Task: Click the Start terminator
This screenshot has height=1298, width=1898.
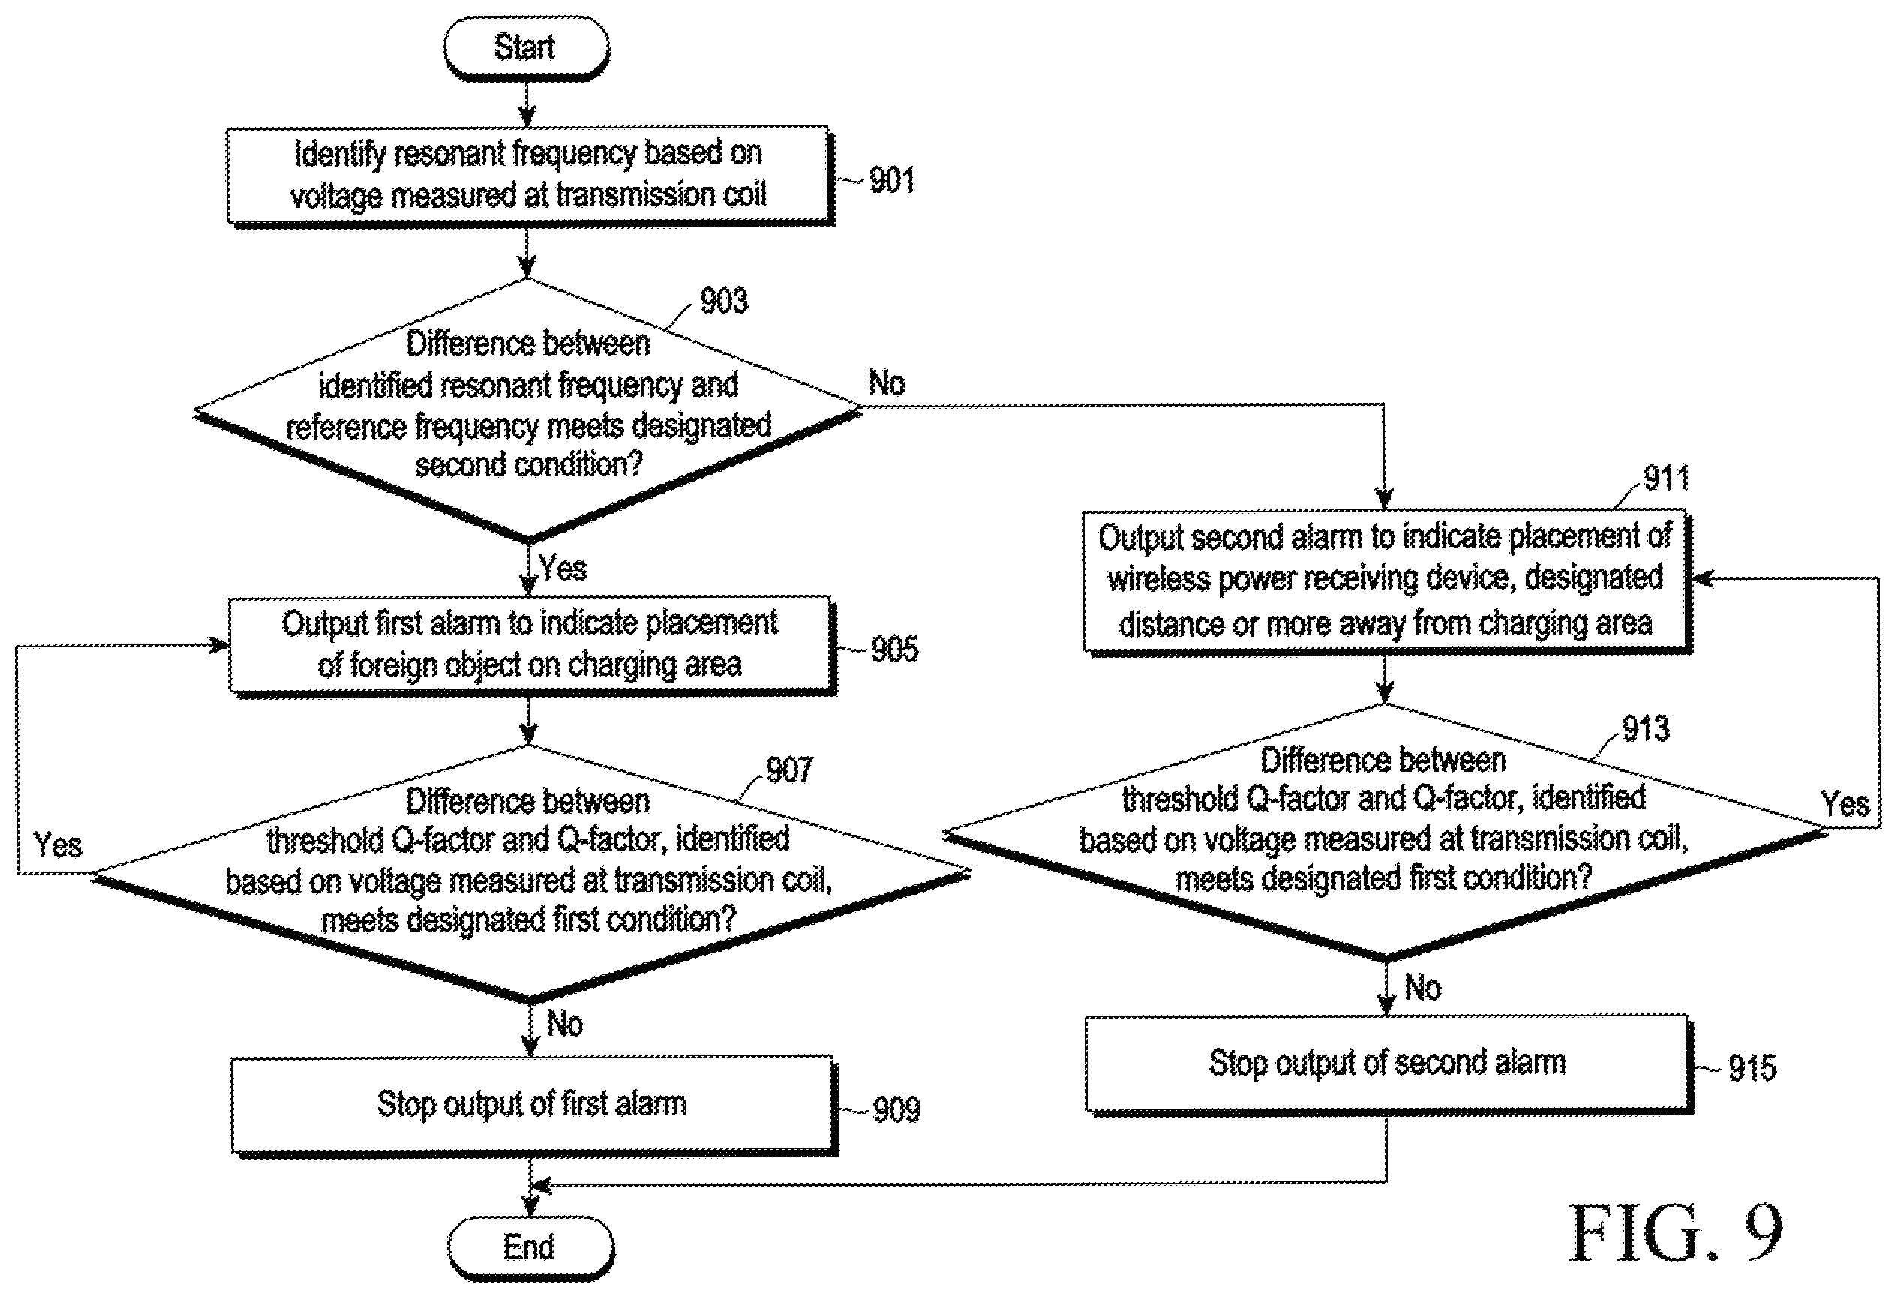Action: (527, 47)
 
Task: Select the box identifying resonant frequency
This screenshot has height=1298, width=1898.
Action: (530, 175)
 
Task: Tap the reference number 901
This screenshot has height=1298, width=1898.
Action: (892, 180)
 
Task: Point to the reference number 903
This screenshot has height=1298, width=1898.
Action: (724, 301)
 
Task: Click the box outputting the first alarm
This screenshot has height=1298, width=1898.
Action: (532, 646)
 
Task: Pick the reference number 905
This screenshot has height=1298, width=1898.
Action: (894, 649)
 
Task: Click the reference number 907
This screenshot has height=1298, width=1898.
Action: (789, 769)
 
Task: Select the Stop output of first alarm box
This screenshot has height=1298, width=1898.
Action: (534, 1105)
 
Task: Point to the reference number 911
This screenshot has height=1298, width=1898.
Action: (1666, 478)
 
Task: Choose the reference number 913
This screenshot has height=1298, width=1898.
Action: (1646, 728)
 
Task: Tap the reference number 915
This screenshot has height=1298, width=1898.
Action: (1752, 1068)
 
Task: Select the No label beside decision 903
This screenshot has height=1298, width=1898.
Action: (887, 383)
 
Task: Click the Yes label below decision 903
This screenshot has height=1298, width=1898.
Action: (563, 568)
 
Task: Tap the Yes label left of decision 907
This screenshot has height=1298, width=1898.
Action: (57, 845)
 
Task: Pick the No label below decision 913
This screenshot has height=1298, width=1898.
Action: (1422, 988)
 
